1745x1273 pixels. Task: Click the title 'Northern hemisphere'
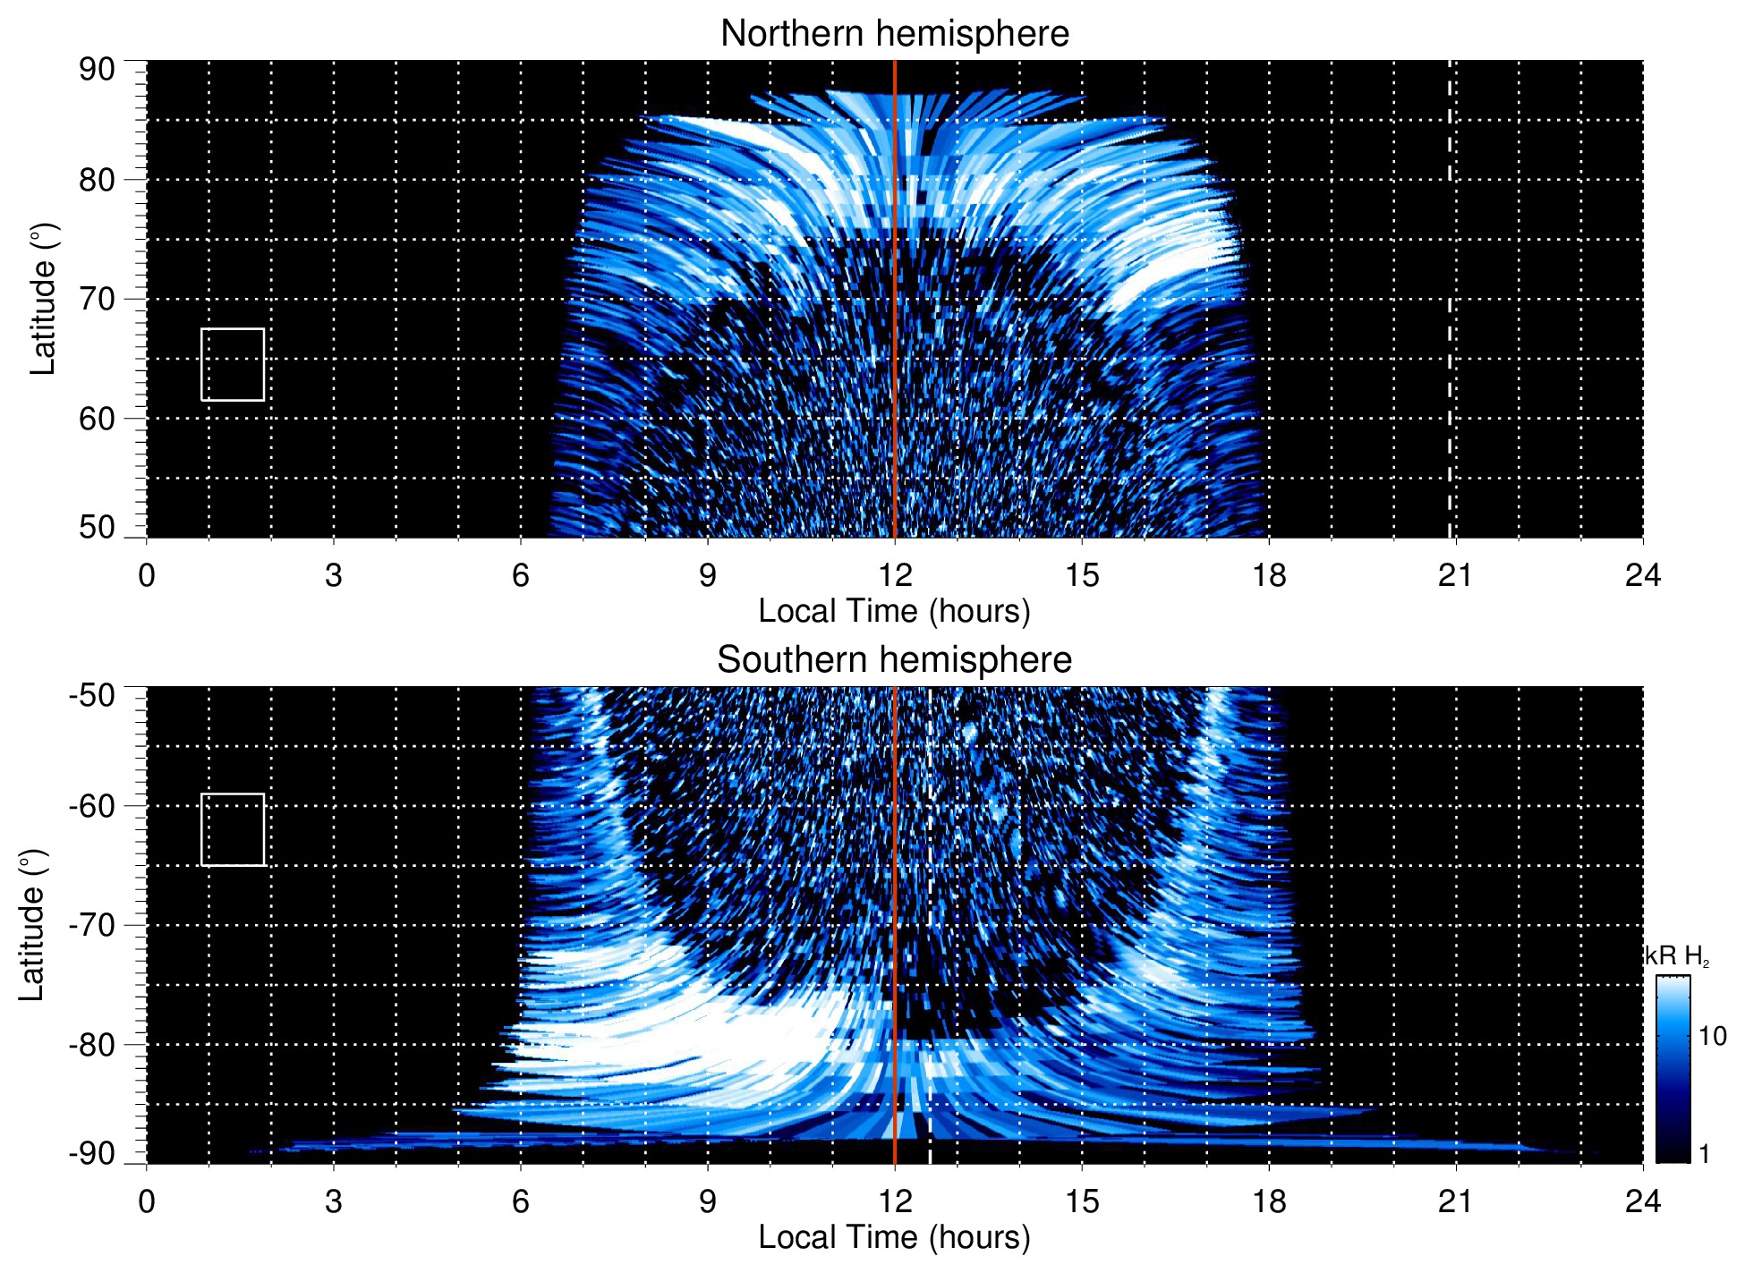(894, 34)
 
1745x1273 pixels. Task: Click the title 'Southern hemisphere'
(894, 660)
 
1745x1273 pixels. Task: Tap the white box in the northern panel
(233, 364)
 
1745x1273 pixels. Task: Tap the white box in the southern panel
(233, 829)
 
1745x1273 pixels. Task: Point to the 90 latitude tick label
(97, 70)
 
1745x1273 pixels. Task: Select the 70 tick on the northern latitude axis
(97, 299)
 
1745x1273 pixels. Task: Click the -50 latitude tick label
(92, 695)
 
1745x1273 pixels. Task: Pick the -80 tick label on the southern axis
(92, 1045)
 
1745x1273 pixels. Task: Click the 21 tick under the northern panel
(1455, 575)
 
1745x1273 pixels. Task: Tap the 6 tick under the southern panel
(521, 1201)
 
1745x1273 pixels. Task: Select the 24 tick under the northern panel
(1642, 575)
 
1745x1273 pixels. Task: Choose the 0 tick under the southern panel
(147, 1201)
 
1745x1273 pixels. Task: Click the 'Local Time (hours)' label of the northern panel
(894, 612)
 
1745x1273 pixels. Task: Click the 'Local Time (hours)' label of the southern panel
(894, 1238)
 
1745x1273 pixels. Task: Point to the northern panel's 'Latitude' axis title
(43, 299)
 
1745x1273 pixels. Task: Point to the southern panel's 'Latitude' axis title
(32, 925)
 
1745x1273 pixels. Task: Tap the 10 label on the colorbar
(1712, 1037)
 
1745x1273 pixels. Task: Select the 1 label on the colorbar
(1704, 1154)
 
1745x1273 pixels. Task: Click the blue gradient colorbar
(1673, 1069)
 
